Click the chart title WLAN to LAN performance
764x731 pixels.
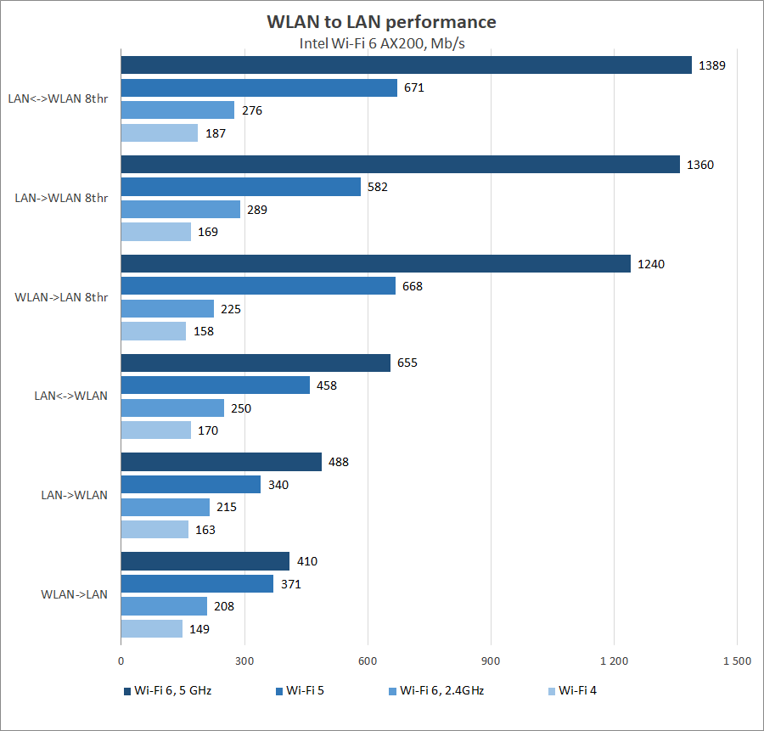pos(381,21)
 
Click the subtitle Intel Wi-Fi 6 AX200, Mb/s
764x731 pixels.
pos(381,43)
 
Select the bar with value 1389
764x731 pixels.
pos(406,65)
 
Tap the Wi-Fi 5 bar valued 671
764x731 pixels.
pos(259,87)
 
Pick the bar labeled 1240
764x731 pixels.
pos(375,263)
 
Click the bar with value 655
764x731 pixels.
pos(256,363)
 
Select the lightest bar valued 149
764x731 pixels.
pos(152,629)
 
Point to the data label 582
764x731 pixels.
pos(378,187)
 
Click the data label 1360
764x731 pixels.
pos(700,165)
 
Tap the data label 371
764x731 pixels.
pos(290,584)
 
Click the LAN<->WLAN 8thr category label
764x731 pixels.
pos(58,98)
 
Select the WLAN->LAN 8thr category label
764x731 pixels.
pos(61,297)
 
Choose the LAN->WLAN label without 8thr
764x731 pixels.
pos(74,495)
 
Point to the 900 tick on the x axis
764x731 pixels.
pos(491,661)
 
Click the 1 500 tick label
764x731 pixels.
pos(736,661)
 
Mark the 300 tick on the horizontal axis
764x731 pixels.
pos(244,661)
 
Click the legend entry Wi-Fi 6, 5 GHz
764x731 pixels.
pos(172,690)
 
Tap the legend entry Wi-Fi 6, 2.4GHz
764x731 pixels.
pos(441,690)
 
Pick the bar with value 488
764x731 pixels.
pos(222,462)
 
